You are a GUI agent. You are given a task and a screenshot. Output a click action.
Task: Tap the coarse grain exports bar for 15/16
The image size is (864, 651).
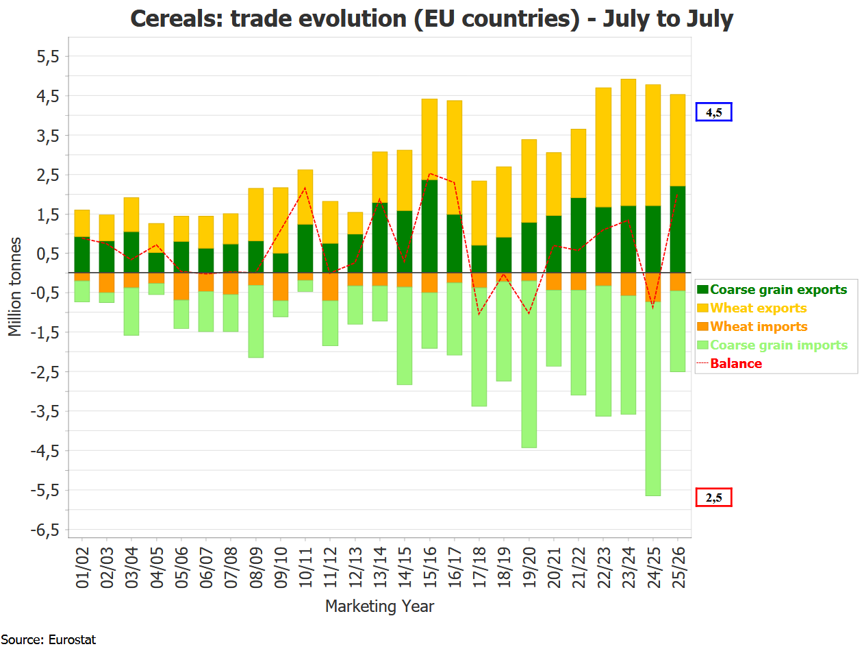[429, 226]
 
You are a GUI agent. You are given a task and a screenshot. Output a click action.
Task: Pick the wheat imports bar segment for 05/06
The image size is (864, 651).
[181, 286]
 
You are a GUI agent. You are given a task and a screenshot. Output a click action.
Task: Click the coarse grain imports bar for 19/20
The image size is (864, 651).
[529, 364]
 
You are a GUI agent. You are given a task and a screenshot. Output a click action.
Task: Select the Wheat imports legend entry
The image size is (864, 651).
[759, 327]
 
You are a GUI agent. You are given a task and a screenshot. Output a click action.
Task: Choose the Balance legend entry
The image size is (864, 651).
[736, 364]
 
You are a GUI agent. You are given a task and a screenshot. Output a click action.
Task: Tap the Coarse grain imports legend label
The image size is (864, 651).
[778, 345]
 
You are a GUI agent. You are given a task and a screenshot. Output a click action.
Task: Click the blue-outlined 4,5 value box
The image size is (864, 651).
[713, 112]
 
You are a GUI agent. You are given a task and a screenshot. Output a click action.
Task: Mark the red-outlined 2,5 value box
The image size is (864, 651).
[713, 498]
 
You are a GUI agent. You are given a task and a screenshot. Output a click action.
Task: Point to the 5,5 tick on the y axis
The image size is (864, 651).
[48, 56]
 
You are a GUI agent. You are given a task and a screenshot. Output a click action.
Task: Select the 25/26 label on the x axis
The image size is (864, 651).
[677, 568]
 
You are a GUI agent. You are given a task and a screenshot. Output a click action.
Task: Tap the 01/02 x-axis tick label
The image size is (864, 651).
[82, 568]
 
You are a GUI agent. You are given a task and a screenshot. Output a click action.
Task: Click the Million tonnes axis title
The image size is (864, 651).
[15, 287]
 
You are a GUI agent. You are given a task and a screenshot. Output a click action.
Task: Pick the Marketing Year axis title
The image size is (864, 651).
[379, 606]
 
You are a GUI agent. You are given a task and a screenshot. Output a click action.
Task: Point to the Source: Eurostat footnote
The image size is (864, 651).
[48, 640]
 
